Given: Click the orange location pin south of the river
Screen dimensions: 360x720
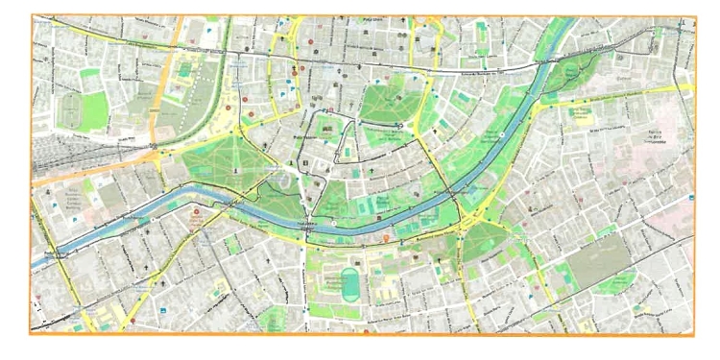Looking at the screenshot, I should [386, 237].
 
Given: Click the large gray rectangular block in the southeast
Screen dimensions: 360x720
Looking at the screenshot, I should [597, 257].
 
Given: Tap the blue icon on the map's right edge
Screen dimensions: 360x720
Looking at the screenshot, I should [690, 199].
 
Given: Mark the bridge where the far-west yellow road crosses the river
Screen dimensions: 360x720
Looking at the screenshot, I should [60, 252].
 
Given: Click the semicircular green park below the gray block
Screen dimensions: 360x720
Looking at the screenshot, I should [615, 283].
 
